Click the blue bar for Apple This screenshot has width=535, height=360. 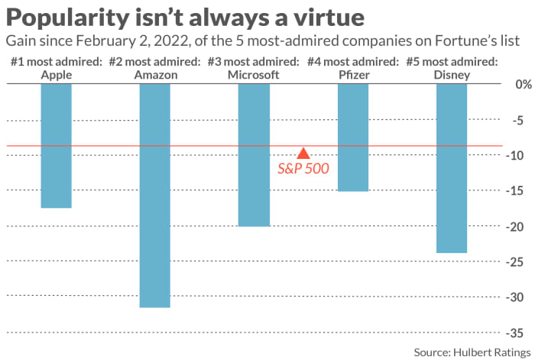(x=56, y=145)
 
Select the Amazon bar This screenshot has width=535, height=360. (x=154, y=195)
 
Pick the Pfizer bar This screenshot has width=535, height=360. (x=352, y=137)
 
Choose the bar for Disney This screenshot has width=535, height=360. (x=451, y=167)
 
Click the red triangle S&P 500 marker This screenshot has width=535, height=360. (x=303, y=153)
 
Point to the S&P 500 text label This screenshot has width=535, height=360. (x=303, y=168)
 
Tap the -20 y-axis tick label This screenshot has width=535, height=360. (x=514, y=226)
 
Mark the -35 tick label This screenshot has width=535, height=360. (x=514, y=332)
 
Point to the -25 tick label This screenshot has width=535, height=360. (x=514, y=261)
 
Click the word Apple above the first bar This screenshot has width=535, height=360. (x=56, y=74)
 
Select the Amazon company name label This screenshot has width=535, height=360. (x=154, y=74)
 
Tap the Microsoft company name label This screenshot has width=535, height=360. (x=254, y=74)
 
